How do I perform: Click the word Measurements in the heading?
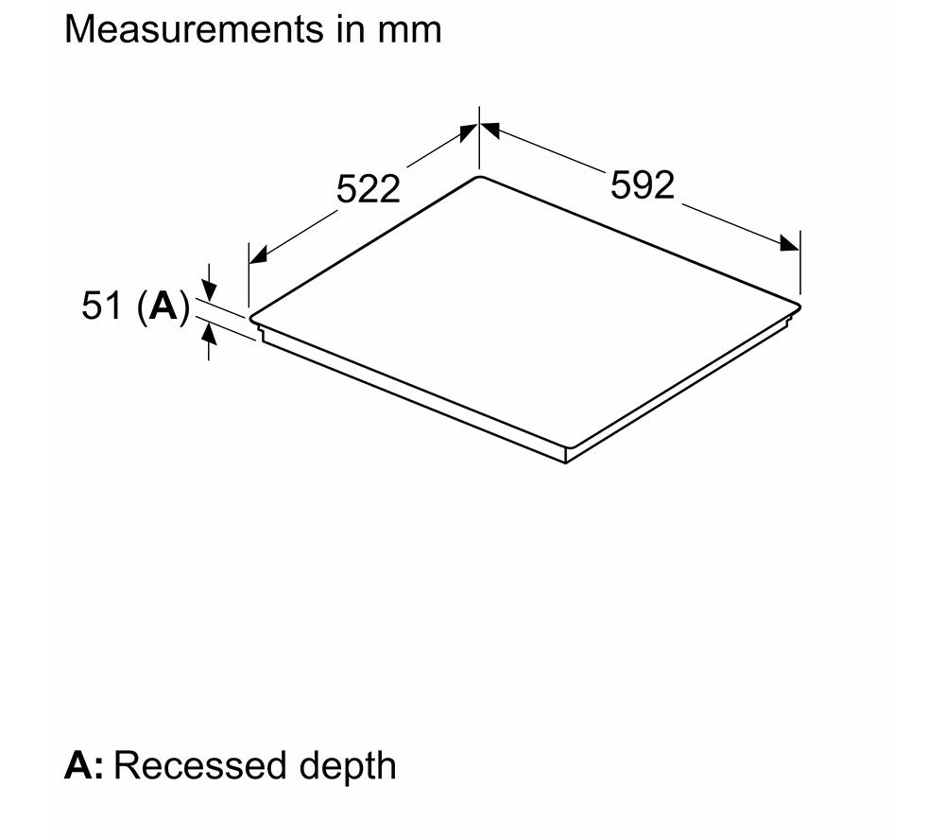[194, 29]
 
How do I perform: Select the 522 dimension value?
[368, 189]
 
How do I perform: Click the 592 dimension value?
[643, 185]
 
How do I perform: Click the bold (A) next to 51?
[163, 307]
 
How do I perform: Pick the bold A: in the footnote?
[84, 765]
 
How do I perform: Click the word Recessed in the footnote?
[199, 765]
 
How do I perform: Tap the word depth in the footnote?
[348, 767]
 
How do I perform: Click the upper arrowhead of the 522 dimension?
[469, 131]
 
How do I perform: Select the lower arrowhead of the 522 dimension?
[257, 255]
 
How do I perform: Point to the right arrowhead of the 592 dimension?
[790, 243]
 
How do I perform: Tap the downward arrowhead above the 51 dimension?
[209, 291]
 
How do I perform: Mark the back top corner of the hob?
[479, 176]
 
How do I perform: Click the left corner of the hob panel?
[249, 317]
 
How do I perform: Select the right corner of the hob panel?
[799, 306]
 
